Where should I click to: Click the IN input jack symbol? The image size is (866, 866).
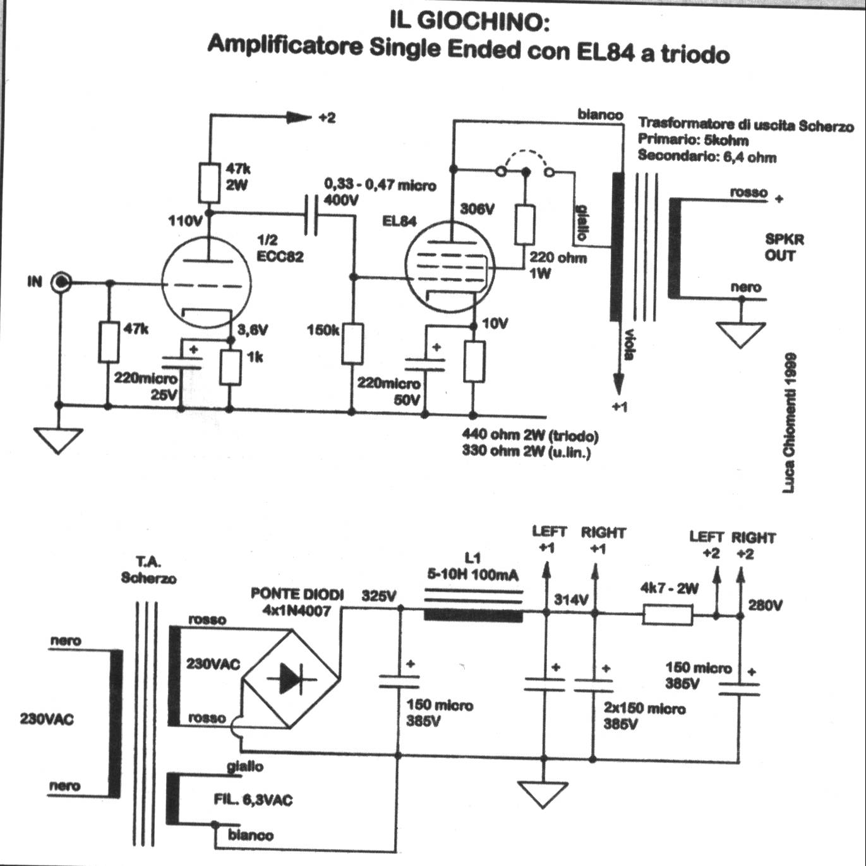[61, 282]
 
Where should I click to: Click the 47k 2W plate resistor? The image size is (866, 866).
[209, 183]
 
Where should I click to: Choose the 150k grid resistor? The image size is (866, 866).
[352, 344]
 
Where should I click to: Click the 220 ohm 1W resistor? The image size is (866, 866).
[524, 224]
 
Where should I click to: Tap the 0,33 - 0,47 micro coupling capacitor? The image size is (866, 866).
[312, 215]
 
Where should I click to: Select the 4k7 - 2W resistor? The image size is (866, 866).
[667, 615]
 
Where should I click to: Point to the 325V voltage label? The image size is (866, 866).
[379, 596]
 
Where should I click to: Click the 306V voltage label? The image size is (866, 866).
[477, 209]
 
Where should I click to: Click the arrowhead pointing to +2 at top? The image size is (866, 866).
[298, 117]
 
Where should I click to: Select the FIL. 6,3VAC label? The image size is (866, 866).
[253, 800]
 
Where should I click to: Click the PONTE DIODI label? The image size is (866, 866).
[297, 594]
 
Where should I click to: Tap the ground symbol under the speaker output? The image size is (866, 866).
[741, 334]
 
